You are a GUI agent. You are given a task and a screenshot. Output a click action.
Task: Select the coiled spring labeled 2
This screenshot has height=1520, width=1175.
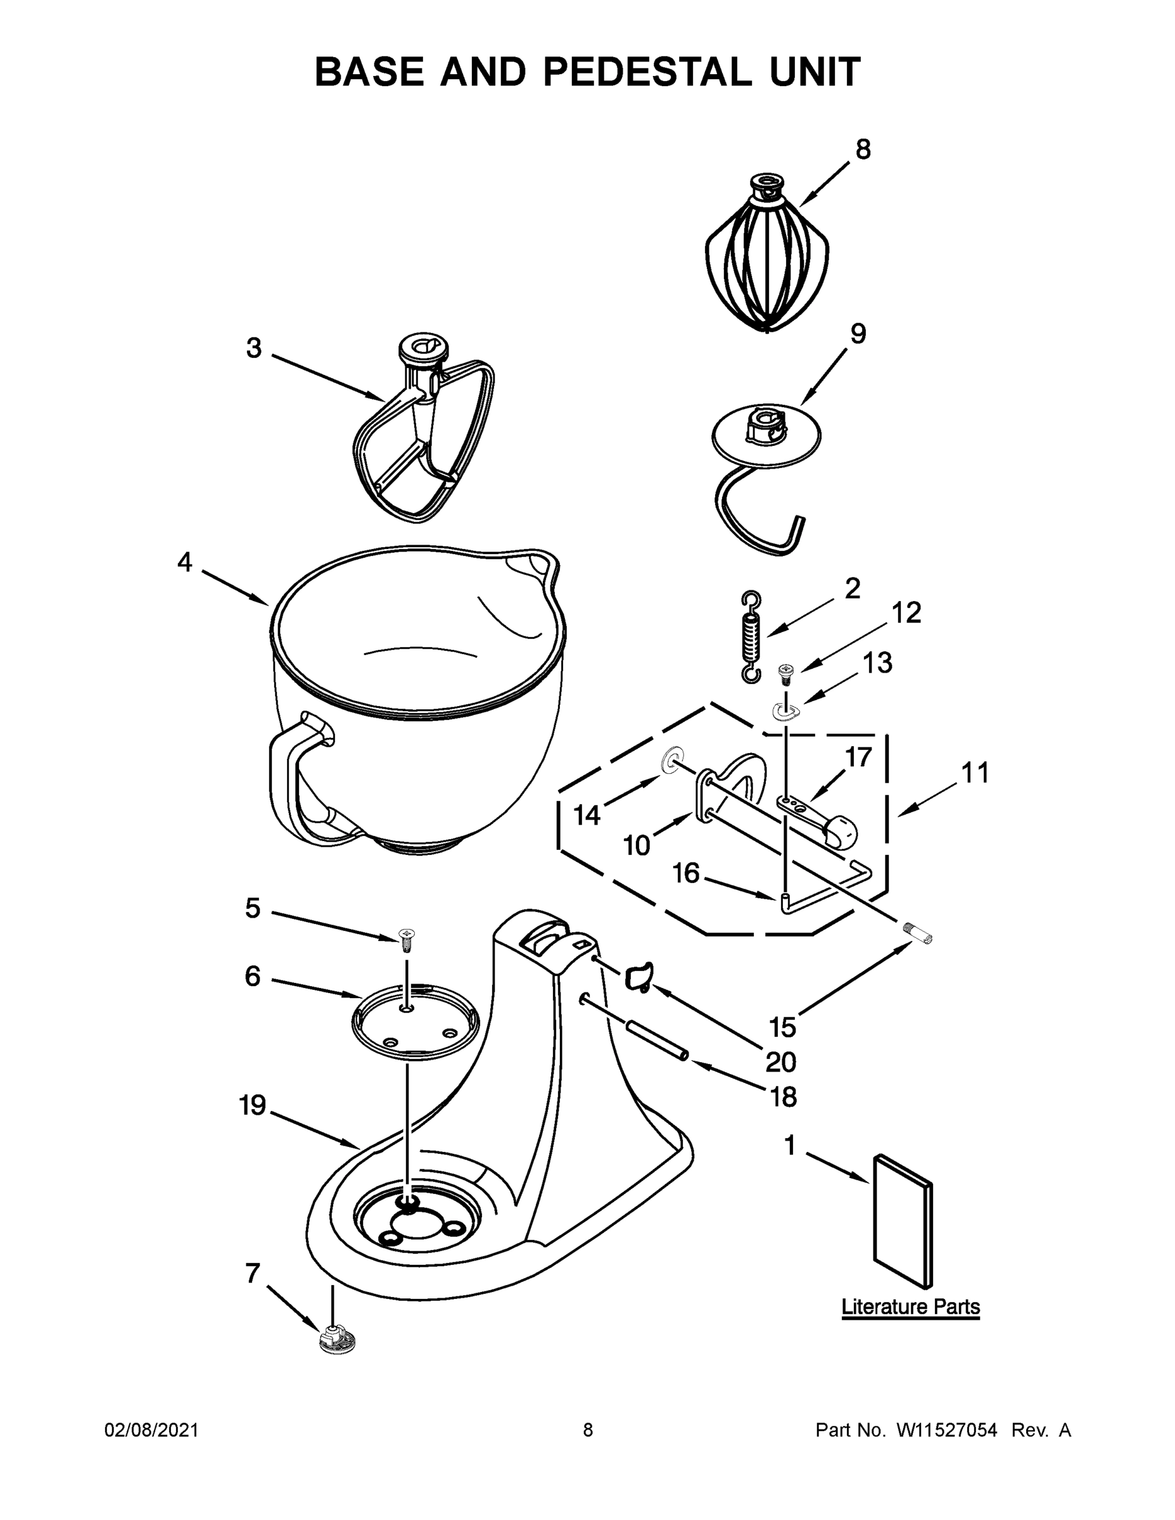click(751, 636)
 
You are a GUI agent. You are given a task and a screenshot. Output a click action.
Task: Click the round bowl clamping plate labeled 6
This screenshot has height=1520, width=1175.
click(416, 1022)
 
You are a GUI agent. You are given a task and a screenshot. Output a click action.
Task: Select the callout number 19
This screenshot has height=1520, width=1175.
click(253, 1105)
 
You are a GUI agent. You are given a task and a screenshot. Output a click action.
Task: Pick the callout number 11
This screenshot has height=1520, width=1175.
click(975, 773)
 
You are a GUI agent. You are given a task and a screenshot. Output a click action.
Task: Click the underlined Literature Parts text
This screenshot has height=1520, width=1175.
click(910, 1307)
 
